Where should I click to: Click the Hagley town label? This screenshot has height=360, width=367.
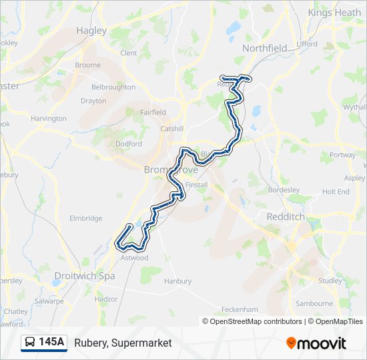click(x=91, y=30)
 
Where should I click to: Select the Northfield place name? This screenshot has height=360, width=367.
click(x=264, y=48)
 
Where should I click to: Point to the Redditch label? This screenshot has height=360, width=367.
click(x=285, y=217)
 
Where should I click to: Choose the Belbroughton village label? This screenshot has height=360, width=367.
click(x=113, y=87)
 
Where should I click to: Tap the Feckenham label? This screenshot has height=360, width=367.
click(x=240, y=309)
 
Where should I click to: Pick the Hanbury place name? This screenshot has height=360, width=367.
click(x=177, y=281)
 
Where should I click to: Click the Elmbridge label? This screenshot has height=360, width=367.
click(x=86, y=218)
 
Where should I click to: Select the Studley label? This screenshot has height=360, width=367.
click(x=330, y=281)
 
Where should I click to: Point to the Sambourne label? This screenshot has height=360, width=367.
click(x=314, y=303)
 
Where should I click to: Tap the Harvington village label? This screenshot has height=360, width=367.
click(x=49, y=119)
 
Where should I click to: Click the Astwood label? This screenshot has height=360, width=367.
click(x=134, y=257)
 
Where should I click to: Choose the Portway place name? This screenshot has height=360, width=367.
click(x=342, y=155)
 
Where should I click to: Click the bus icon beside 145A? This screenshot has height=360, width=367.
click(x=30, y=343)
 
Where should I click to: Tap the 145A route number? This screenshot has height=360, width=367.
click(x=51, y=343)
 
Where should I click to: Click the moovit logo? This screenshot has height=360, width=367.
click(x=316, y=343)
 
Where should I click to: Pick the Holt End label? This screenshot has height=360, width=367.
click(x=336, y=191)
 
